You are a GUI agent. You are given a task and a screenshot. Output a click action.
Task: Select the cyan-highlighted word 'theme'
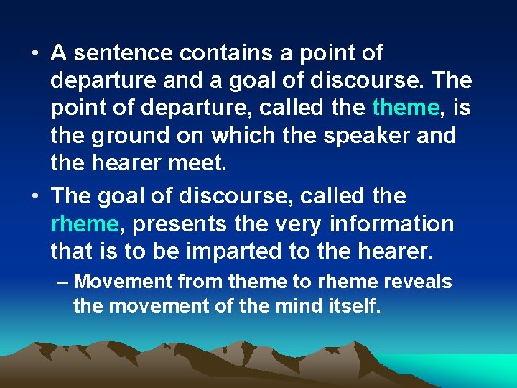click(405, 108)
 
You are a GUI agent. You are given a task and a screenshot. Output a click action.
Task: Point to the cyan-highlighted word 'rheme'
click(85, 224)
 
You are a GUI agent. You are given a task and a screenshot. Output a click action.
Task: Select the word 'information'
click(392, 224)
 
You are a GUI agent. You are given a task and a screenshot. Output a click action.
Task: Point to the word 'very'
click(301, 224)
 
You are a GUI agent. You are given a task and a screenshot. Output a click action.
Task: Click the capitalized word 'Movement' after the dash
click(119, 282)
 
